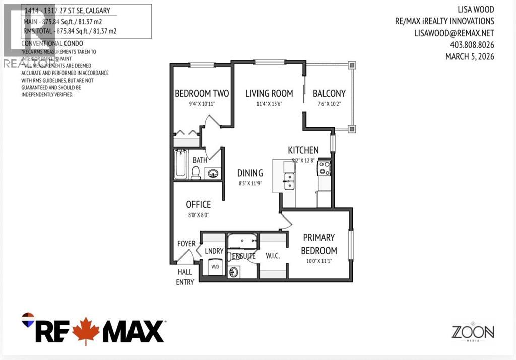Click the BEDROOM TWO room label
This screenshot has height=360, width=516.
pyautogui.click(x=202, y=93)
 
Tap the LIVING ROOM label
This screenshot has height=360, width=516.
pyautogui.click(x=269, y=93)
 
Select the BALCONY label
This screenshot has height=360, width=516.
pyautogui.click(x=329, y=93)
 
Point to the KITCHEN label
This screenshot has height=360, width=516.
pyautogui.click(x=303, y=150)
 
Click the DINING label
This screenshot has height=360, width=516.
pyautogui.click(x=250, y=173)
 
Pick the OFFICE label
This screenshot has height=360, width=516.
pyautogui.click(x=198, y=204)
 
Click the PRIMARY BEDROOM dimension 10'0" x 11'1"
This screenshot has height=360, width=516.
pyautogui.click(x=318, y=261)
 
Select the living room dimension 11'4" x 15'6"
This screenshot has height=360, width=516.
pyautogui.click(x=269, y=104)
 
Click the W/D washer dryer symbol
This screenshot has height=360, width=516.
pyautogui.click(x=215, y=266)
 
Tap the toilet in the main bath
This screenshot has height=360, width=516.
pyautogui.click(x=196, y=173)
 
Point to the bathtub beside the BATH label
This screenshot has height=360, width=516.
pyautogui.click(x=180, y=164)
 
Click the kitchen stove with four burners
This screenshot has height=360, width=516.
pyautogui.click(x=324, y=167)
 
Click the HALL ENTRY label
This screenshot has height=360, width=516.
pyautogui.click(x=185, y=277)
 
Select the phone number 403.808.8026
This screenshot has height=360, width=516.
pyautogui.click(x=472, y=45)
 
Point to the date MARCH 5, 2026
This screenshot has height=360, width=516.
pyautogui.click(x=470, y=56)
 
